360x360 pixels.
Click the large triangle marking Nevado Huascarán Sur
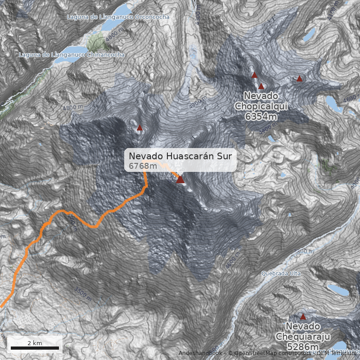pyautogui.click(x=180, y=180)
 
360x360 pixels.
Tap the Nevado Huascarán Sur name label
pyautogui.click(x=180, y=156)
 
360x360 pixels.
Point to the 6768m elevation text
pyautogui.click(x=143, y=166)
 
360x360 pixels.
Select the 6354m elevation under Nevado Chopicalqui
pyautogui.click(x=261, y=117)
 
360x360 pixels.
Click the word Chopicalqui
pyautogui.click(x=261, y=106)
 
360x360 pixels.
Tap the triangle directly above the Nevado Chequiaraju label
pyautogui.click(x=303, y=316)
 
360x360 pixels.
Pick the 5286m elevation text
pyautogui.click(x=303, y=346)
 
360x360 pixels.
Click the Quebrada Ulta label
pyautogui.click(x=281, y=273)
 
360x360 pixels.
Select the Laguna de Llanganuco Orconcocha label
pyautogui.click(x=118, y=17)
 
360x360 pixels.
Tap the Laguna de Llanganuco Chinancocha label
pyautogui.click(x=72, y=54)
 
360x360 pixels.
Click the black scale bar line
pyautogui.click(x=35, y=348)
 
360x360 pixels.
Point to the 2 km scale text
pyautogui.click(x=35, y=343)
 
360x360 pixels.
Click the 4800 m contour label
pyautogui.click(x=73, y=108)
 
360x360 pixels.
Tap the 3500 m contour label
pyautogui.click(x=84, y=293)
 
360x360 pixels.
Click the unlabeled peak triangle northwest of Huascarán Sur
pyautogui.click(x=139, y=127)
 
